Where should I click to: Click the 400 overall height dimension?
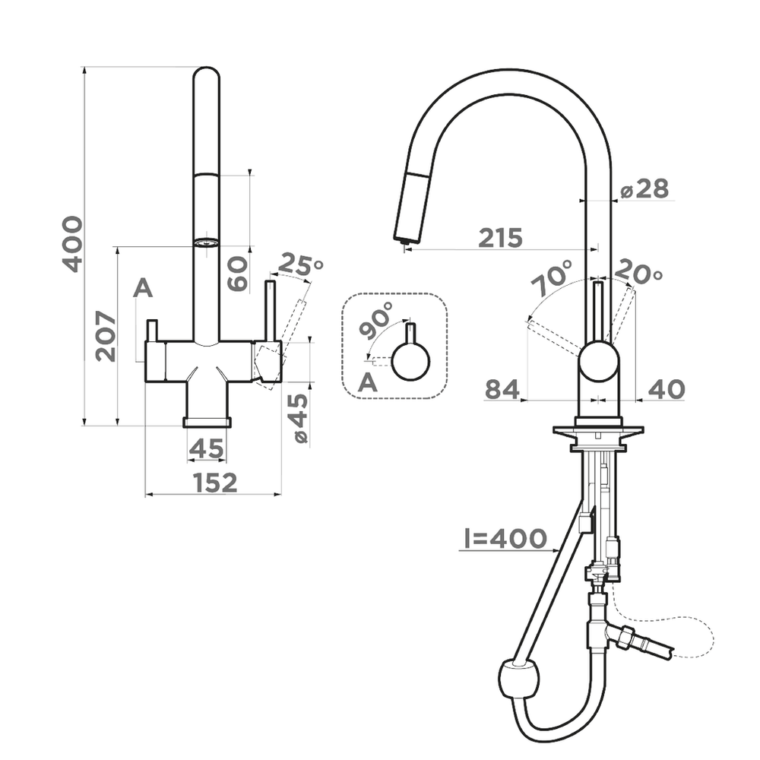(x=72, y=243)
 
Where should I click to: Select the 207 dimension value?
(x=106, y=336)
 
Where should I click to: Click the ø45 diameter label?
(x=299, y=419)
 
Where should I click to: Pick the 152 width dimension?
(x=214, y=482)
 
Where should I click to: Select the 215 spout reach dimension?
(x=500, y=238)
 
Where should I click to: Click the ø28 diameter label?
(x=644, y=188)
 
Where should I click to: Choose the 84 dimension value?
(x=502, y=390)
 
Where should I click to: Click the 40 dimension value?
(x=667, y=390)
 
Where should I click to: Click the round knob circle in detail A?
(x=410, y=362)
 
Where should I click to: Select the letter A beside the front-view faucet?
(x=143, y=289)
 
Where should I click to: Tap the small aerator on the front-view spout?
(x=205, y=243)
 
